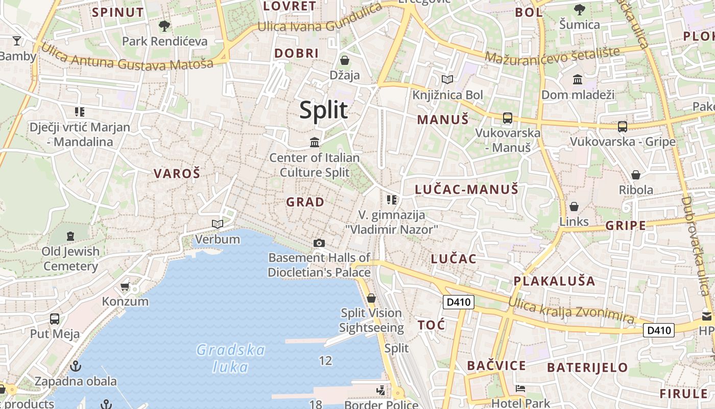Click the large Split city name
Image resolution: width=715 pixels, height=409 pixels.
coord(324,110)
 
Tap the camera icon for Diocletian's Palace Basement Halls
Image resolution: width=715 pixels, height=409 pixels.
coord(319,243)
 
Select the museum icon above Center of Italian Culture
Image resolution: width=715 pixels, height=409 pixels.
coord(315,142)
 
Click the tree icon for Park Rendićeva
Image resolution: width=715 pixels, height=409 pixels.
coord(164,26)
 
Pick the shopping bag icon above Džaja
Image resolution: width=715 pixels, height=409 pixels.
coord(345,60)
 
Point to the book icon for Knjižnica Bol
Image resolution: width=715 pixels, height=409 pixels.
coord(447,79)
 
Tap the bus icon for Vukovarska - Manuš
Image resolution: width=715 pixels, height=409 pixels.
coord(507,118)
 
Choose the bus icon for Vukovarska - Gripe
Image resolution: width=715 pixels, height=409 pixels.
coord(622,126)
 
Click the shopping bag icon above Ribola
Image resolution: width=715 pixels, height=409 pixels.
coord(636,175)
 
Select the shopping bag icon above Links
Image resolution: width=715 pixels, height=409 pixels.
coord(574,207)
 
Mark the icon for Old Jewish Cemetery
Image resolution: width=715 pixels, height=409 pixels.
coord(70,236)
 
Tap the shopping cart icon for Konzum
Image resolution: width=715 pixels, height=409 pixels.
coord(125,286)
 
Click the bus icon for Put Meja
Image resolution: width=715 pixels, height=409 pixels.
coord(55,319)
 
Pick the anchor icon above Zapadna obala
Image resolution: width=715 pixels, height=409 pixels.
coord(76,366)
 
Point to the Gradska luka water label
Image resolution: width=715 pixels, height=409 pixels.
coord(231,358)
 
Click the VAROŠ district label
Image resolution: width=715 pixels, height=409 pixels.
coord(177,173)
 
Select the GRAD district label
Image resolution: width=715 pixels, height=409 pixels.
coord(305,202)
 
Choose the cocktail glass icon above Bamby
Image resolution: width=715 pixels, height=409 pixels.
coord(17,40)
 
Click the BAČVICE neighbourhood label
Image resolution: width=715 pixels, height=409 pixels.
coord(496,366)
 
